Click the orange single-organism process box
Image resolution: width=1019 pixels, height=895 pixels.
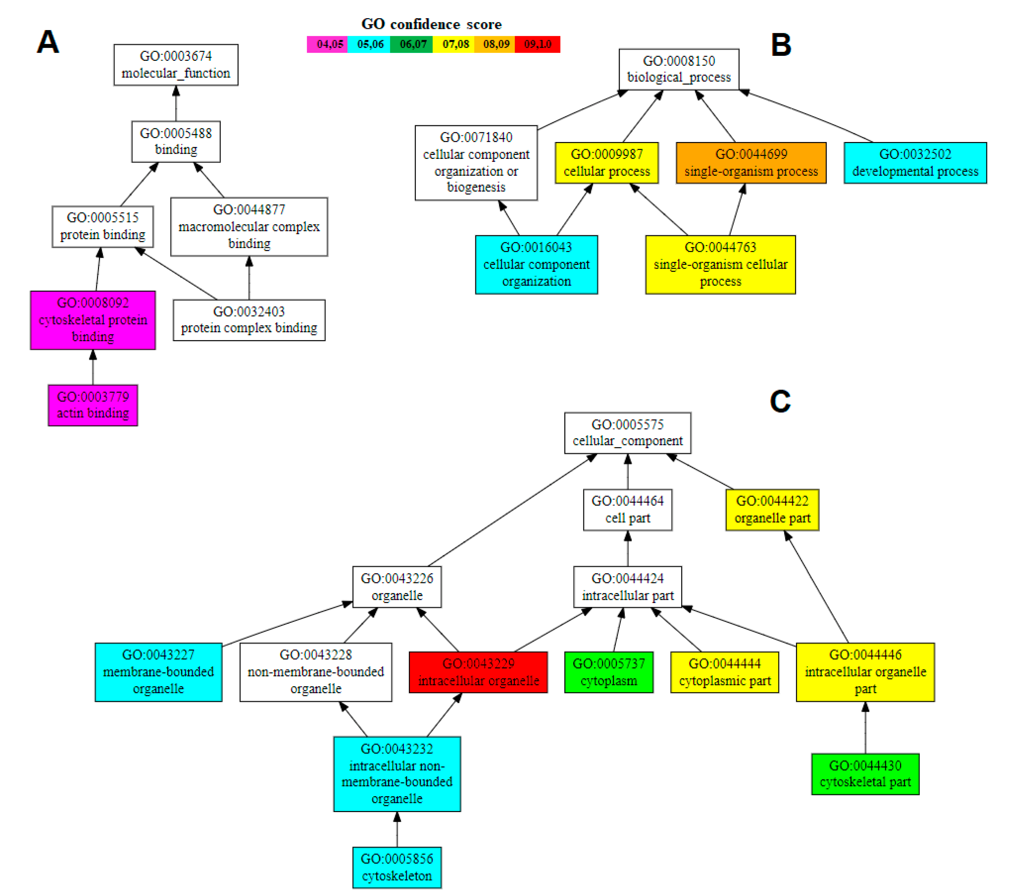750,163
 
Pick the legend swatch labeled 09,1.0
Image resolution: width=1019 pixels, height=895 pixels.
537,44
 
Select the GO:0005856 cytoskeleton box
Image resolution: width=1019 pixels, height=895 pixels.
397,867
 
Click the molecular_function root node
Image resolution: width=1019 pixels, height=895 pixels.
175,65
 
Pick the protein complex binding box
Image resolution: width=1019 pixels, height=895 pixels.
249,320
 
